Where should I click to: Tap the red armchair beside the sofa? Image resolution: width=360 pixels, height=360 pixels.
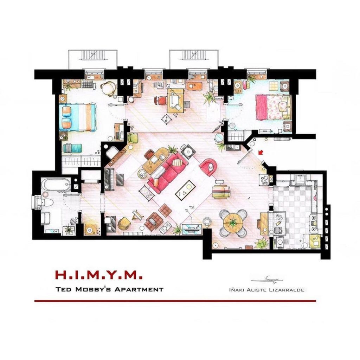pyautogui.click(x=208, y=167)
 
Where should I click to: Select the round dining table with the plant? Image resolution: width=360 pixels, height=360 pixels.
pyautogui.click(x=233, y=223)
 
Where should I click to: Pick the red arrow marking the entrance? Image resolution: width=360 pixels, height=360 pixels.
pyautogui.click(x=261, y=152)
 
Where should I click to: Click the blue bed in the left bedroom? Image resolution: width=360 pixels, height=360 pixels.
pyautogui.click(x=77, y=117)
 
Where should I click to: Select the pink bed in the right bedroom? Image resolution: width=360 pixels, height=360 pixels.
pyautogui.click(x=273, y=107)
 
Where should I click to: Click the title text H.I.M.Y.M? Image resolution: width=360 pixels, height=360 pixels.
pyautogui.click(x=99, y=275)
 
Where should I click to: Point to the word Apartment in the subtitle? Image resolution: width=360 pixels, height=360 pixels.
pyautogui.click(x=139, y=289)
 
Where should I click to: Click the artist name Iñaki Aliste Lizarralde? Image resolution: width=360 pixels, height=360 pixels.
pyautogui.click(x=266, y=290)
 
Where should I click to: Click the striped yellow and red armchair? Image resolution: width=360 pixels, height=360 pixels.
pyautogui.click(x=221, y=192)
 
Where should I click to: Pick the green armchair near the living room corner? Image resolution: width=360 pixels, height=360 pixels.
pyautogui.click(x=133, y=138)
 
